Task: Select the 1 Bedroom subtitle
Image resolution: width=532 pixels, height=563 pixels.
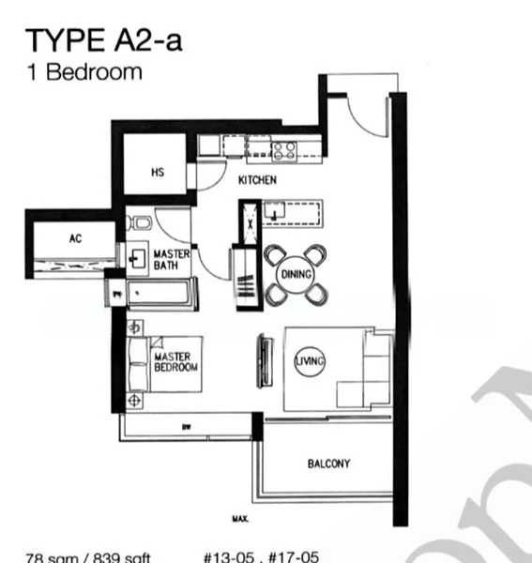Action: (x=84, y=70)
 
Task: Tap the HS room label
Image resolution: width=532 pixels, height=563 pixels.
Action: (x=158, y=173)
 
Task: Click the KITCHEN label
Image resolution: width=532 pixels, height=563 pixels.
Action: (x=256, y=180)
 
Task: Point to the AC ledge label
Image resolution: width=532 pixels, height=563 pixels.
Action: (x=76, y=239)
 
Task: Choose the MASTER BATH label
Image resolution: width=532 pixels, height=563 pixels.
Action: (x=172, y=260)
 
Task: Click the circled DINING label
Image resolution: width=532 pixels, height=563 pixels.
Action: (x=296, y=274)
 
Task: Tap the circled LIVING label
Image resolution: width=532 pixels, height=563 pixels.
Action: (x=310, y=361)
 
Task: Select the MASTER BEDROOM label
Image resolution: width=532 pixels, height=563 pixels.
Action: (x=175, y=362)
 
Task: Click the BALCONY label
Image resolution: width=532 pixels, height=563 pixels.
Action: (x=328, y=464)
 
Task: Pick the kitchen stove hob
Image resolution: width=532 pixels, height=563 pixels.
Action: (x=284, y=147)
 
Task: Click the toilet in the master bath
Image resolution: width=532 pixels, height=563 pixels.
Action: (x=141, y=222)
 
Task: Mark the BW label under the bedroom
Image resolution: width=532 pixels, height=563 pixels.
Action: (x=187, y=428)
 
